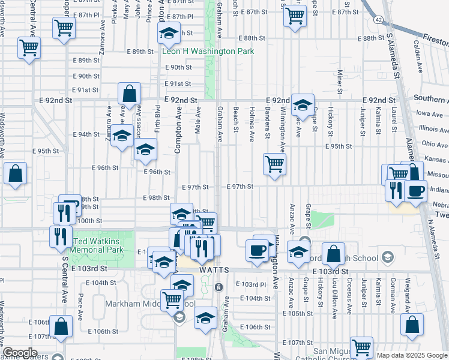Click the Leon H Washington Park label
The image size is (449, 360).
[x=208, y=52]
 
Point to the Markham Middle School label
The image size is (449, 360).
[x=150, y=304]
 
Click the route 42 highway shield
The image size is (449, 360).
[x=378, y=20]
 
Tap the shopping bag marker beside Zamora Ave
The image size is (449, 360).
[x=130, y=94]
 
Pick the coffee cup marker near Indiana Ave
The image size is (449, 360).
[x=415, y=191]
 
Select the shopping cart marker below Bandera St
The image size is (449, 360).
[x=274, y=163]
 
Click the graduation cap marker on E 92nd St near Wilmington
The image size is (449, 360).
[x=303, y=104]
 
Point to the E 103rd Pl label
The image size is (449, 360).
[x=250, y=284]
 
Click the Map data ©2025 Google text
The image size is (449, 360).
[x=412, y=355]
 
